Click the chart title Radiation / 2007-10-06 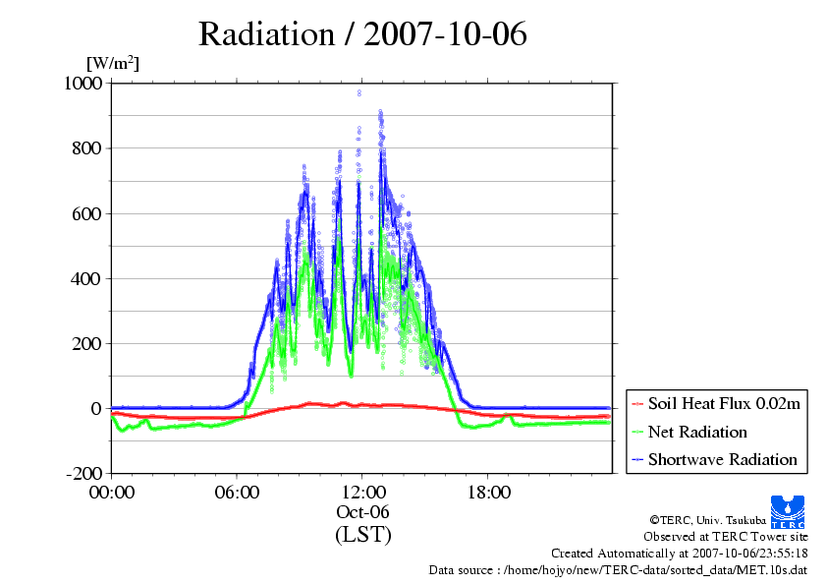point(362,34)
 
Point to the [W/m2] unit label point(113,64)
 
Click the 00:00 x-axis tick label point(112,492)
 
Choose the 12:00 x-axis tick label point(362,492)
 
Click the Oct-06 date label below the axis point(362,512)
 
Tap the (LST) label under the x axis point(362,535)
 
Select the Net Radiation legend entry point(697,432)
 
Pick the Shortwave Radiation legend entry point(722,459)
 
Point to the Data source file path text point(619,570)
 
